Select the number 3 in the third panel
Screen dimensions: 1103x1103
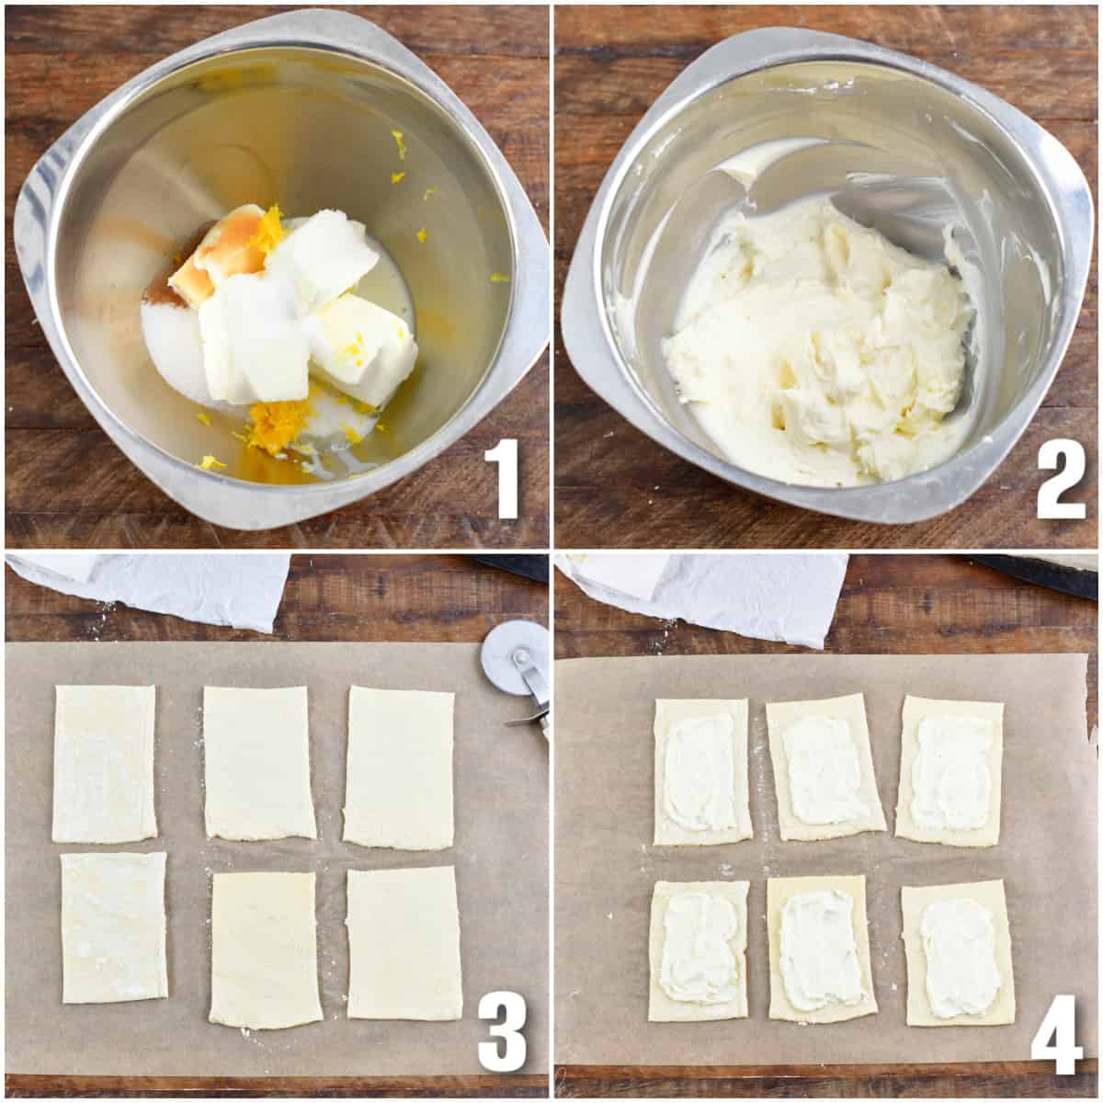point(501,1034)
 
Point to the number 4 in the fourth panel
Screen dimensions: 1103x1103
point(1057,1034)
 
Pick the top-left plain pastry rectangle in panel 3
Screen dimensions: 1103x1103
point(104,763)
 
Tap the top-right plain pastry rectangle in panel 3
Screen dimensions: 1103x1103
point(400,768)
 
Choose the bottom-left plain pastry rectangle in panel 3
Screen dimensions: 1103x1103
point(114,927)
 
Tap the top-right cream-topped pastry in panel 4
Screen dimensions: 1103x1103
point(949,770)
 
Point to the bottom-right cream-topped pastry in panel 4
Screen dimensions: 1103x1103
point(959,956)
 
